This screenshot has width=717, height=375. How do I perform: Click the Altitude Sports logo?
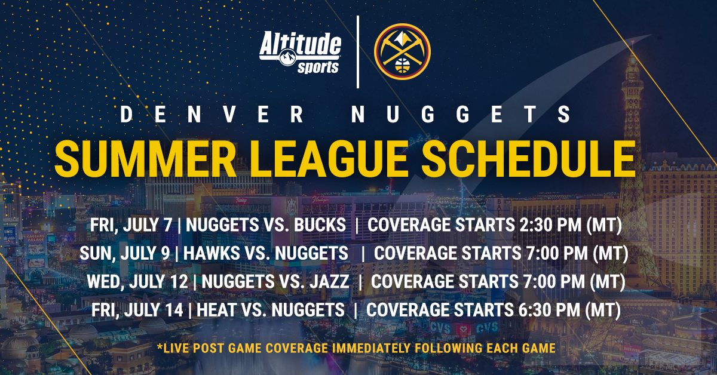click(x=301, y=53)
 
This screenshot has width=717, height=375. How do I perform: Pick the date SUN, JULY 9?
click(x=124, y=253)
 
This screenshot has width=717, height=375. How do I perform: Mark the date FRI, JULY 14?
click(x=135, y=310)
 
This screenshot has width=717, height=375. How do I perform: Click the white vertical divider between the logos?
click(x=358, y=52)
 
